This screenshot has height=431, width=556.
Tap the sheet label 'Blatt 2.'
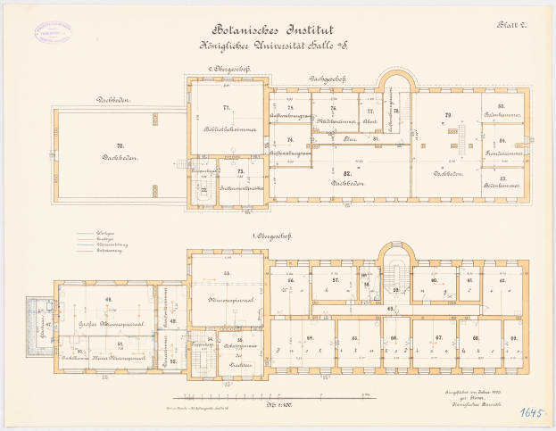point(515,27)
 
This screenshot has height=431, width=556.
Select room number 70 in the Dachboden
point(119,145)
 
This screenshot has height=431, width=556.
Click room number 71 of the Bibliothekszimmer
point(227,108)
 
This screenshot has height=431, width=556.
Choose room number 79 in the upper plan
point(448,115)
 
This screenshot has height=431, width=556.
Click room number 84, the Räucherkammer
point(502,142)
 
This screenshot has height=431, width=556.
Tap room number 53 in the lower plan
point(227,271)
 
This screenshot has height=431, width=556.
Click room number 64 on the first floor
point(310,338)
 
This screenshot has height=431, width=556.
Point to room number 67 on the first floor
point(439,338)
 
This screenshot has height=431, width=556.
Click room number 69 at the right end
point(513,338)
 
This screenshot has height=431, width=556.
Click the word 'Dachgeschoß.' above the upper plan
point(328,79)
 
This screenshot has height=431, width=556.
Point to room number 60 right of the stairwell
point(433,280)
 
